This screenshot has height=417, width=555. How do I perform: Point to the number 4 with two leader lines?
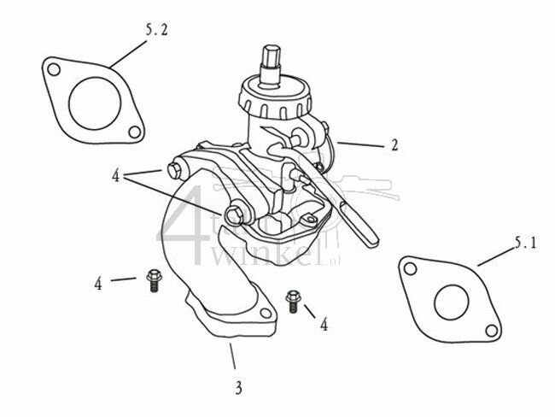pos(115,176)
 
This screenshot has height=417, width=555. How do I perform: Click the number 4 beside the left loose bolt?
pos(99,283)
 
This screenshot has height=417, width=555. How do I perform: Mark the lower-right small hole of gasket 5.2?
pos(133,133)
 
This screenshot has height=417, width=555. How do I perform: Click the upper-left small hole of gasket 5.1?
pos(411,270)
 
